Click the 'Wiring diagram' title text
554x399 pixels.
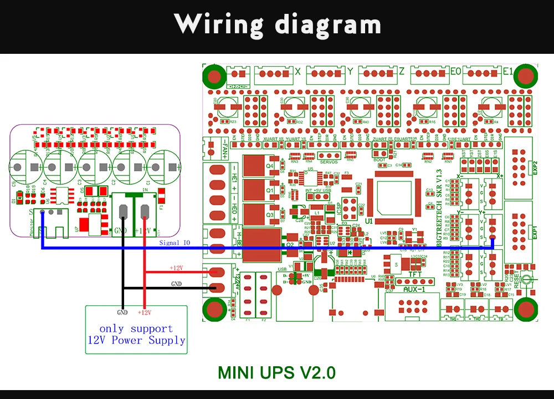click(278, 25)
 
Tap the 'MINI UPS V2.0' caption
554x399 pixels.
click(276, 372)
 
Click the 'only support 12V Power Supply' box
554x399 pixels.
click(136, 335)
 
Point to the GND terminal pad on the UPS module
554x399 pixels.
click(122, 213)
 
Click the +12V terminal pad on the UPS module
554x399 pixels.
click(145, 213)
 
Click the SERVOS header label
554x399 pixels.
click(329, 162)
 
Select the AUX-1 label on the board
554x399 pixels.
click(414, 290)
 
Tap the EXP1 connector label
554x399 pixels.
click(535, 232)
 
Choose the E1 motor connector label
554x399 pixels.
click(507, 72)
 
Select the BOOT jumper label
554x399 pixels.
click(379, 159)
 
